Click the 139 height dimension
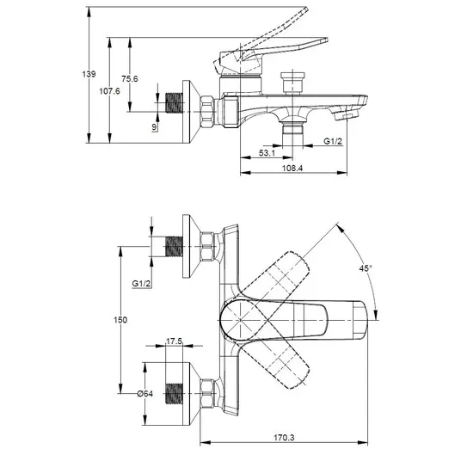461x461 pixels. click(x=89, y=74)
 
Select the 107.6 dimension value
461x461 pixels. click(x=110, y=91)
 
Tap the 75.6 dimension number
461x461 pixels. click(x=130, y=79)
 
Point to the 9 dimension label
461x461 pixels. click(x=154, y=127)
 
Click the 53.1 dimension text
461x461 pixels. click(x=267, y=153)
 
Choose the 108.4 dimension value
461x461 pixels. click(x=292, y=169)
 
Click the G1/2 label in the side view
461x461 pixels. click(x=333, y=141)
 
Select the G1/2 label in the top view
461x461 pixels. click(x=141, y=284)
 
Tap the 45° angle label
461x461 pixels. click(x=366, y=268)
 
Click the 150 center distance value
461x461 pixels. click(x=120, y=320)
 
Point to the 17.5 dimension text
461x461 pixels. click(x=174, y=341)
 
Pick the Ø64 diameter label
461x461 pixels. click(x=145, y=393)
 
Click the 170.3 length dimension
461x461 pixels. click(x=284, y=438)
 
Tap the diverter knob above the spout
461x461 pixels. click(x=292, y=82)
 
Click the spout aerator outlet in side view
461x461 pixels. click(x=347, y=114)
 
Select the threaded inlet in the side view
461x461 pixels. click(x=174, y=103)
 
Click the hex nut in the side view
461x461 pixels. click(x=207, y=112)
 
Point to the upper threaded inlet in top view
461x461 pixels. click(x=174, y=246)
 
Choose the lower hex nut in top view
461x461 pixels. click(x=207, y=393)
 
